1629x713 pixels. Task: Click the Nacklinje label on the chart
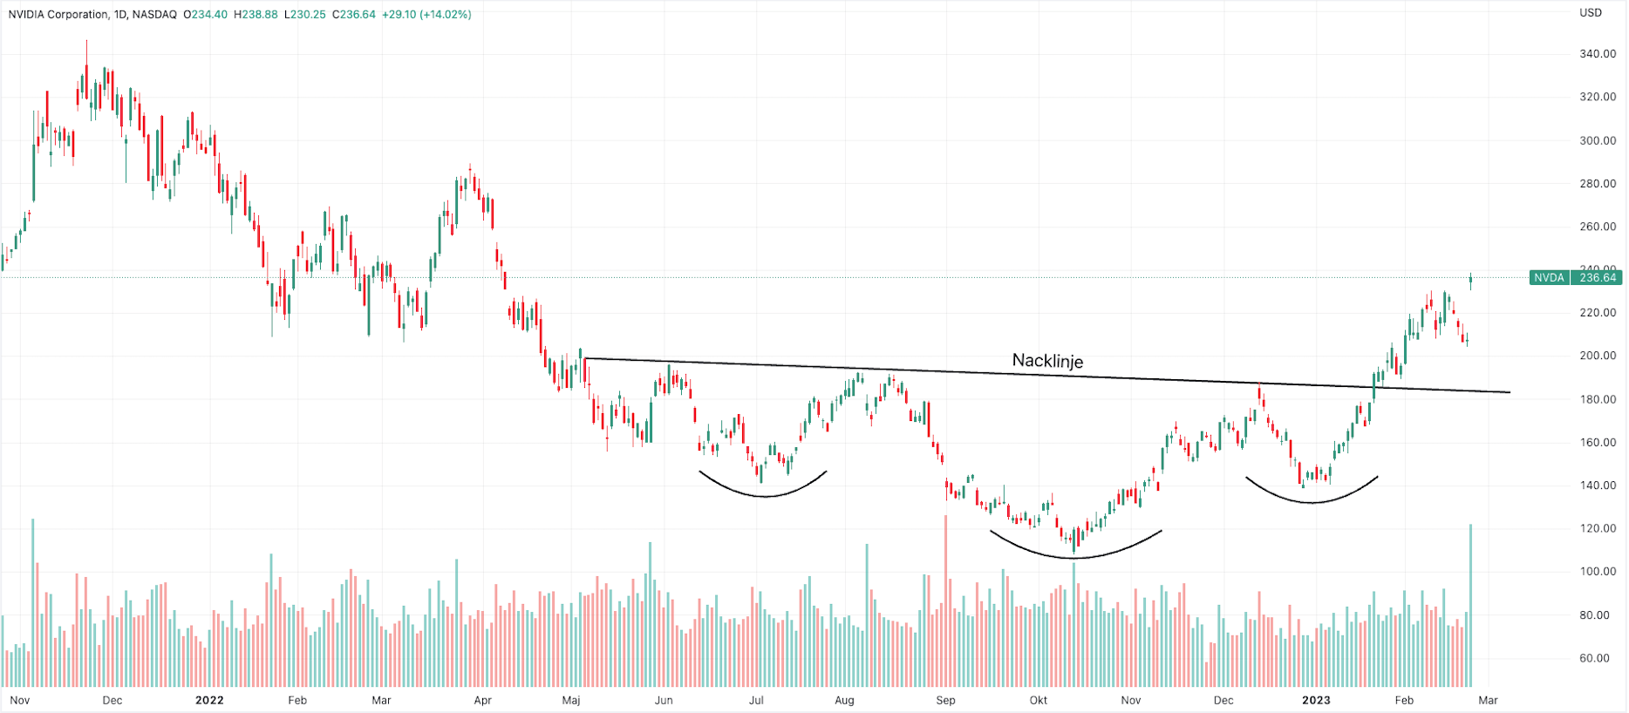pyautogui.click(x=1047, y=361)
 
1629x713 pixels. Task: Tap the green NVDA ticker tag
pyautogui.click(x=1549, y=278)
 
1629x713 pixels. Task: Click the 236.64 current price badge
pyautogui.click(x=1598, y=278)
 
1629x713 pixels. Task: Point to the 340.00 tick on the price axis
pyautogui.click(x=1598, y=54)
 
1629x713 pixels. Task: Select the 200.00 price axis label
pyautogui.click(x=1598, y=356)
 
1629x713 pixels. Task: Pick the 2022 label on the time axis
pyautogui.click(x=209, y=700)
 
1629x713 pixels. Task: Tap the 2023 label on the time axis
pyautogui.click(x=1316, y=700)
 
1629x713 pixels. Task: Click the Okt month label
pyautogui.click(x=1038, y=700)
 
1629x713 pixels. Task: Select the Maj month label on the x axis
pyautogui.click(x=571, y=700)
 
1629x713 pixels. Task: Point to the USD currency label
pyautogui.click(x=1591, y=13)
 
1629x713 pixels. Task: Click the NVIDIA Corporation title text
pyautogui.click(x=59, y=15)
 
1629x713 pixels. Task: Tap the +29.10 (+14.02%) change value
pyautogui.click(x=426, y=15)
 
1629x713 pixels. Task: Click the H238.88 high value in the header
pyautogui.click(x=256, y=15)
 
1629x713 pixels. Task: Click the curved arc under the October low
pyautogui.click(x=1075, y=556)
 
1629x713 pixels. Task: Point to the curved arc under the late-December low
pyautogui.click(x=1312, y=501)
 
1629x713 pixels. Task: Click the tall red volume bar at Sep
pyautogui.click(x=946, y=601)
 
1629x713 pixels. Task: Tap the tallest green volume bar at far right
pyautogui.click(x=1470, y=606)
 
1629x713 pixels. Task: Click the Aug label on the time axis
pyautogui.click(x=844, y=700)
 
